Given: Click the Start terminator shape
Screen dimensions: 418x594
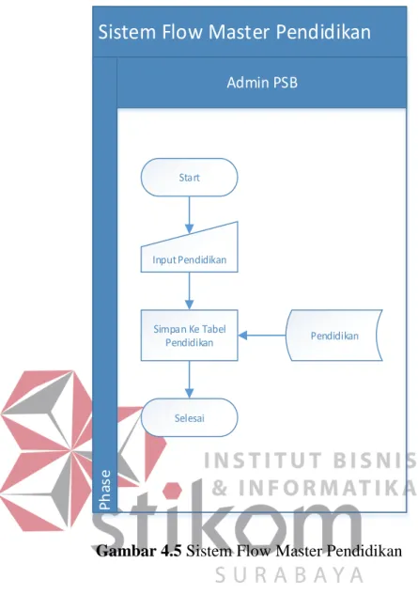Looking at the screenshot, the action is click(x=190, y=178).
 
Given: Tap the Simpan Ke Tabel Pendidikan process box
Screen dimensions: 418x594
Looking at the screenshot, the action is click(x=190, y=336).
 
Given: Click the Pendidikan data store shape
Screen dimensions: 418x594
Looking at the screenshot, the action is click(x=334, y=336).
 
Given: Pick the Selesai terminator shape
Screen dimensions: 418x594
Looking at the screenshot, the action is click(x=190, y=417).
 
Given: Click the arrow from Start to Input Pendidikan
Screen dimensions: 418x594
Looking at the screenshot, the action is click(x=190, y=215).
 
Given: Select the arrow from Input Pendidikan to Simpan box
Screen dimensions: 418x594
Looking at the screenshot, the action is click(x=190, y=291).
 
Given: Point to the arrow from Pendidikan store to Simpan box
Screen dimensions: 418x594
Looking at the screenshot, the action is click(x=262, y=336).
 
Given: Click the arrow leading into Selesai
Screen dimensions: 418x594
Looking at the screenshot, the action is click(x=190, y=380).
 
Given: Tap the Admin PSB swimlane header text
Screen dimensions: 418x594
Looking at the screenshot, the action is click(x=262, y=83).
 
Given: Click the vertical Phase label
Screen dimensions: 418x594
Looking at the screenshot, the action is click(x=105, y=490).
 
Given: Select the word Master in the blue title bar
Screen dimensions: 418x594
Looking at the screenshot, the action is click(x=240, y=32).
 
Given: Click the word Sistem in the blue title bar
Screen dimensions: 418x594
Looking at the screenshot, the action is click(x=127, y=32).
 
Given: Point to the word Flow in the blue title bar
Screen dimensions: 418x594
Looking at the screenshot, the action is click(x=182, y=32).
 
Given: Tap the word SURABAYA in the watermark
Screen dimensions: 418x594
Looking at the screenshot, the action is click(x=289, y=575).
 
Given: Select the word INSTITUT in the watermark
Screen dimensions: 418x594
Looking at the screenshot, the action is click(x=265, y=461).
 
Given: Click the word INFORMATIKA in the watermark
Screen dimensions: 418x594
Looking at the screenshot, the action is click(x=328, y=488).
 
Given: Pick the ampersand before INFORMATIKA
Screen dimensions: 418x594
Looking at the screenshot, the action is click(x=219, y=488).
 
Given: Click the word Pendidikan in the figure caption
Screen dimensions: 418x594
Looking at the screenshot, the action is click(x=364, y=551).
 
